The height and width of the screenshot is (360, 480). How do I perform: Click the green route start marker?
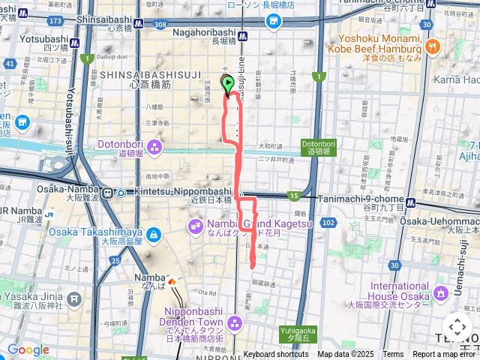[x=228, y=85]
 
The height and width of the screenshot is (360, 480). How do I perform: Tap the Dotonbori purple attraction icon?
[x=154, y=145]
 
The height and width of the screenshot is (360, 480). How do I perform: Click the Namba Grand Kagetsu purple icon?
[x=195, y=224]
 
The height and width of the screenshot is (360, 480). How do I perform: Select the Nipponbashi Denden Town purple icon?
[x=235, y=323]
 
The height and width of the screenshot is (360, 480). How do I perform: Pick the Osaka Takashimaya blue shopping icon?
[x=154, y=235]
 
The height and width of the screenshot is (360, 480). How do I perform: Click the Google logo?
[x=28, y=350]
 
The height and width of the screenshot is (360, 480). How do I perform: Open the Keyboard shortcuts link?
[x=276, y=355]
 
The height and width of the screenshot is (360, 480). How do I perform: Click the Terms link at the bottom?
[x=393, y=355]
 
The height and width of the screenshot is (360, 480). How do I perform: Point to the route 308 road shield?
[x=159, y=24]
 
